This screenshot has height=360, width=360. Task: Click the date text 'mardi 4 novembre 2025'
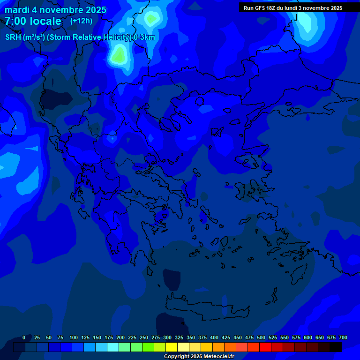55,10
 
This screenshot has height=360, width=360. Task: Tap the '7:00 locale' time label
33,21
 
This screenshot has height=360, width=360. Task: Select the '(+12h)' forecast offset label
81,21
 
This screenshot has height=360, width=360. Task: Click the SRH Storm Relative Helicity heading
80,37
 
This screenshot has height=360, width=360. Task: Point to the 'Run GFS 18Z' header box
293,8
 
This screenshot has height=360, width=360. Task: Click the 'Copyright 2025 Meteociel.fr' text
199,356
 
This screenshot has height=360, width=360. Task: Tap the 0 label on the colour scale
24,337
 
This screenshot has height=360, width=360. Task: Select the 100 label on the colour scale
74,337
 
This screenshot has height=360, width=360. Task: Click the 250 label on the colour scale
144,337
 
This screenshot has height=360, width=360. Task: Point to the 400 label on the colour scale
214,337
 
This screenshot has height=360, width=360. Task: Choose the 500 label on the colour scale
261,337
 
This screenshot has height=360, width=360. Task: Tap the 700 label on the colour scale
343,337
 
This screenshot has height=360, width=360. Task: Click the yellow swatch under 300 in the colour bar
172,347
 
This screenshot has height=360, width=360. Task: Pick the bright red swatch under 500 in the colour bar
265,347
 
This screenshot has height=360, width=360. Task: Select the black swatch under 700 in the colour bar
336,347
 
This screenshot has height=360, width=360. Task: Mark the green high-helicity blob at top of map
118,56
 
